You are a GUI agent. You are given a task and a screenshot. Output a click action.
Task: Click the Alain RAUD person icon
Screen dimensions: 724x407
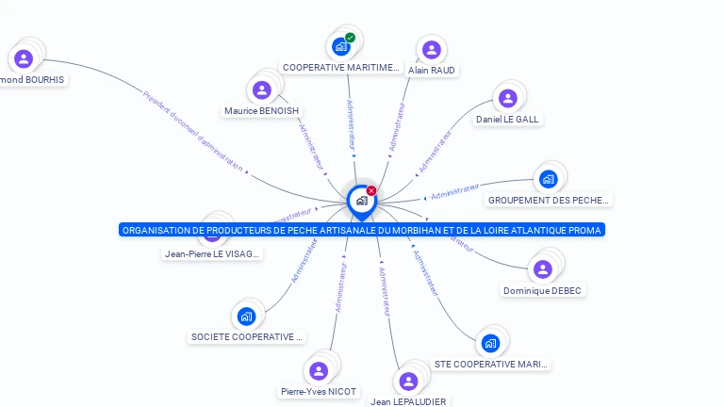(431, 50)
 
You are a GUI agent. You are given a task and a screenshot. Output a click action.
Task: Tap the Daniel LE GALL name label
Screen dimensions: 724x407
(507, 120)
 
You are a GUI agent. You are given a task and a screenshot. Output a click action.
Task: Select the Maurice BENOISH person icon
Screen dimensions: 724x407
(262, 90)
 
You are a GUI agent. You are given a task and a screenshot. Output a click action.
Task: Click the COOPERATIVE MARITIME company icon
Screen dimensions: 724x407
(341, 47)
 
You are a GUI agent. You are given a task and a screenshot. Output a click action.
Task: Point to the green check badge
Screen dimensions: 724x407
(351, 38)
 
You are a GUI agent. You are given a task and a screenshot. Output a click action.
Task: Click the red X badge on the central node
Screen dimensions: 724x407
(371, 190)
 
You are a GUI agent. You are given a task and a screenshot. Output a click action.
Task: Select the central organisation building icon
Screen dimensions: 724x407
(361, 201)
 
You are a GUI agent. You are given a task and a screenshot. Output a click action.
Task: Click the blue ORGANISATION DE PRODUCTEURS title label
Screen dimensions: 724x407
(361, 230)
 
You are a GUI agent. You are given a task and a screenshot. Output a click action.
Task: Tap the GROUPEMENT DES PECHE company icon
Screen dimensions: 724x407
(548, 179)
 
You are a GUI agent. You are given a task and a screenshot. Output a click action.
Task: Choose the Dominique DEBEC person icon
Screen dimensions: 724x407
(542, 269)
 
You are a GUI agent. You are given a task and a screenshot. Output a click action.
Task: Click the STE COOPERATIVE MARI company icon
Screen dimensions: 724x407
(489, 343)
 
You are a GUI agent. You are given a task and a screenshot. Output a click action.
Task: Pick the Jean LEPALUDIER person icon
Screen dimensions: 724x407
(408, 382)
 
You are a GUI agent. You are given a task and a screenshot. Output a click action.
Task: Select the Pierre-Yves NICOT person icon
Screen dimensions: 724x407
(318, 371)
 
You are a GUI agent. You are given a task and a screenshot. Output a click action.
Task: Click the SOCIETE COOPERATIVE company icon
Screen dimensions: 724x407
(247, 317)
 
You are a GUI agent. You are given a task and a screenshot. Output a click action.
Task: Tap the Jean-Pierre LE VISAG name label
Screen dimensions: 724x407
(212, 253)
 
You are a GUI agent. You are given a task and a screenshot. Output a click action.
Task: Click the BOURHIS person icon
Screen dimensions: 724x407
(24, 59)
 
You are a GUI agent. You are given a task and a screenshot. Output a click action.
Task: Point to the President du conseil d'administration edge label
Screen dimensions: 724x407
(193, 133)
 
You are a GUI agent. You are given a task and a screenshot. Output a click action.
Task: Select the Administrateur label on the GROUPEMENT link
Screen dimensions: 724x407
(455, 192)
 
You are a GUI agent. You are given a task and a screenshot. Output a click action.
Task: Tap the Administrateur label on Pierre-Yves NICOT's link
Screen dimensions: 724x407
(340, 287)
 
